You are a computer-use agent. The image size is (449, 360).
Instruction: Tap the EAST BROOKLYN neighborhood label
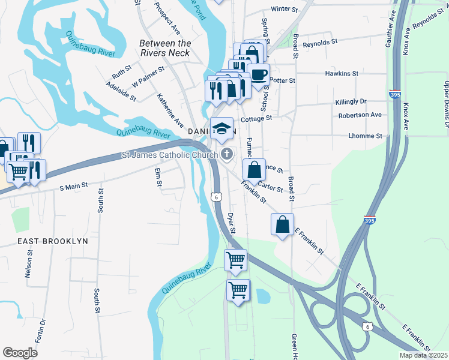pyautogui.click(x=53, y=241)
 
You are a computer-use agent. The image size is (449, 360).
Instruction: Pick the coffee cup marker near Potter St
pyautogui.click(x=259, y=75)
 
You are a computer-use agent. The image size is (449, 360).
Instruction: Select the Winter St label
pyautogui.click(x=285, y=10)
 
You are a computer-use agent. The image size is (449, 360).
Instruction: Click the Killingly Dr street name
pyautogui.click(x=351, y=102)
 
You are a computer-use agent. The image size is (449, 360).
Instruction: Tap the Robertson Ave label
pyautogui.click(x=360, y=115)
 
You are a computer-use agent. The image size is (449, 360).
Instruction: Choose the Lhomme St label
pyautogui.click(x=365, y=136)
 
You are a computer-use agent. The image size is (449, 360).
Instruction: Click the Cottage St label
pyautogui.click(x=257, y=118)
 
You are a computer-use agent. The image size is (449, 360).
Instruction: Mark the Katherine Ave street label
pyautogui.click(x=170, y=110)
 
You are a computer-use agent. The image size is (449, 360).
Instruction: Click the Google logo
pyautogui.click(x=20, y=353)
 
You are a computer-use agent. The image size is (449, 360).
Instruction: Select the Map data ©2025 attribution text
pyautogui.click(x=423, y=355)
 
